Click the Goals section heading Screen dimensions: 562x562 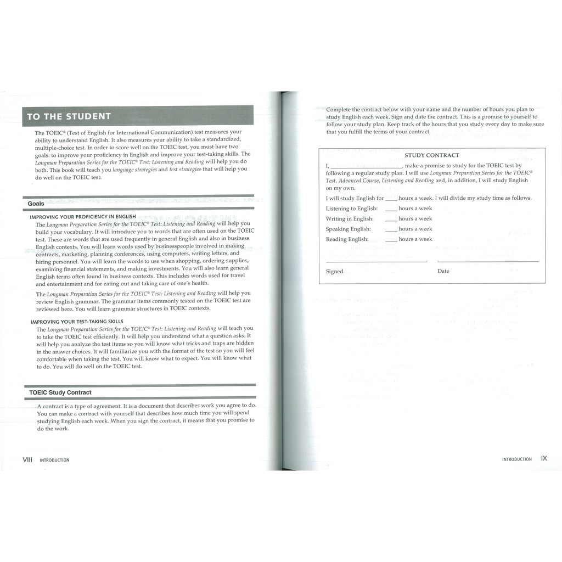36,204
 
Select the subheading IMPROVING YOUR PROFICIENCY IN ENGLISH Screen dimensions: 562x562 83,217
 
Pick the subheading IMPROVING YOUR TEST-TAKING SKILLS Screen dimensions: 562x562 77,322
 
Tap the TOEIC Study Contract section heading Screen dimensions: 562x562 60,393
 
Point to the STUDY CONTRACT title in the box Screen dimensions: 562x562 432,155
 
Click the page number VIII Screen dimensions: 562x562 27,459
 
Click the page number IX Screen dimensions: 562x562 544,458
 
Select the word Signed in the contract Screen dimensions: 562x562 334,271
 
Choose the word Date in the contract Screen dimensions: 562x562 443,271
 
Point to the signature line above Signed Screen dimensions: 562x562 376,262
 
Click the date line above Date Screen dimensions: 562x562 488,262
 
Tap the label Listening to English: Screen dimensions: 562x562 352,209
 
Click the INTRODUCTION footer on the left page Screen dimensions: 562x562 55,460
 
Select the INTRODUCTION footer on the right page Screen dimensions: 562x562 517,459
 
